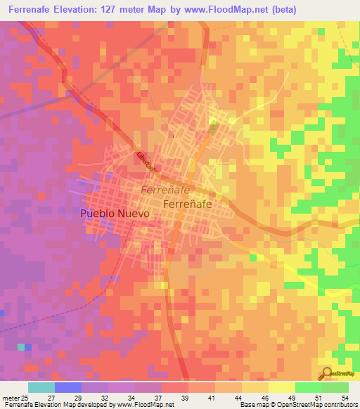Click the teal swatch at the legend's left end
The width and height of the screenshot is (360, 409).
(41, 387)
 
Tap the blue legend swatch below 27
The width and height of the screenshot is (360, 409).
(68, 387)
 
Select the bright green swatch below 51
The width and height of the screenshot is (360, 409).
(308, 387)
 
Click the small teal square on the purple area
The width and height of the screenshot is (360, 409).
(21, 347)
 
